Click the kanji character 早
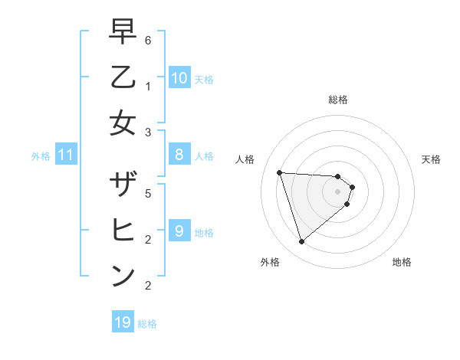[123, 32]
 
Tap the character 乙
[123, 77]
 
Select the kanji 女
[123, 123]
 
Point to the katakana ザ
[123, 185]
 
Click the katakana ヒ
[123, 231]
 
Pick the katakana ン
[123, 276]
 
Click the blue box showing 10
[179, 78]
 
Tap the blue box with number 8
[179, 155]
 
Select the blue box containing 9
[179, 231]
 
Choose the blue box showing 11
[66, 155]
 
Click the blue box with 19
[123, 322]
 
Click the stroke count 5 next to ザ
[147, 194]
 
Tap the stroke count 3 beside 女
[147, 133]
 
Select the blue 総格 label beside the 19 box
[147, 324]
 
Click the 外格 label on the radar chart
[269, 262]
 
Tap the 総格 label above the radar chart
[337, 100]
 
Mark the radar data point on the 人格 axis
[280, 172]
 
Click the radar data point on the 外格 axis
[302, 242]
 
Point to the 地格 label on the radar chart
[402, 262]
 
